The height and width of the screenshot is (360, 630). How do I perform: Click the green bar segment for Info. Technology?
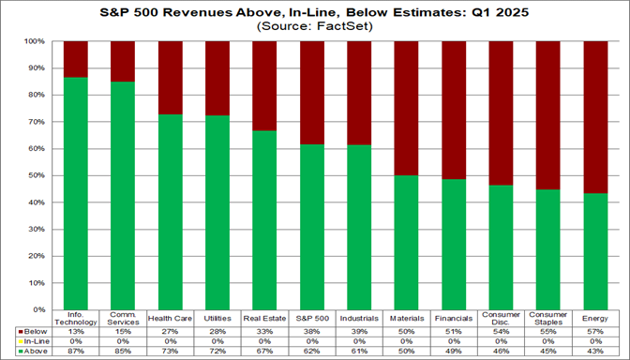(75, 193)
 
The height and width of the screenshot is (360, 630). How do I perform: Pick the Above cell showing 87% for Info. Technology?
(75, 352)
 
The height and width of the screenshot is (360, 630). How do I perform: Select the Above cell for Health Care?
(170, 352)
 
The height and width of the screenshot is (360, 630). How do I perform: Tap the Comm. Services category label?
(122, 319)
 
